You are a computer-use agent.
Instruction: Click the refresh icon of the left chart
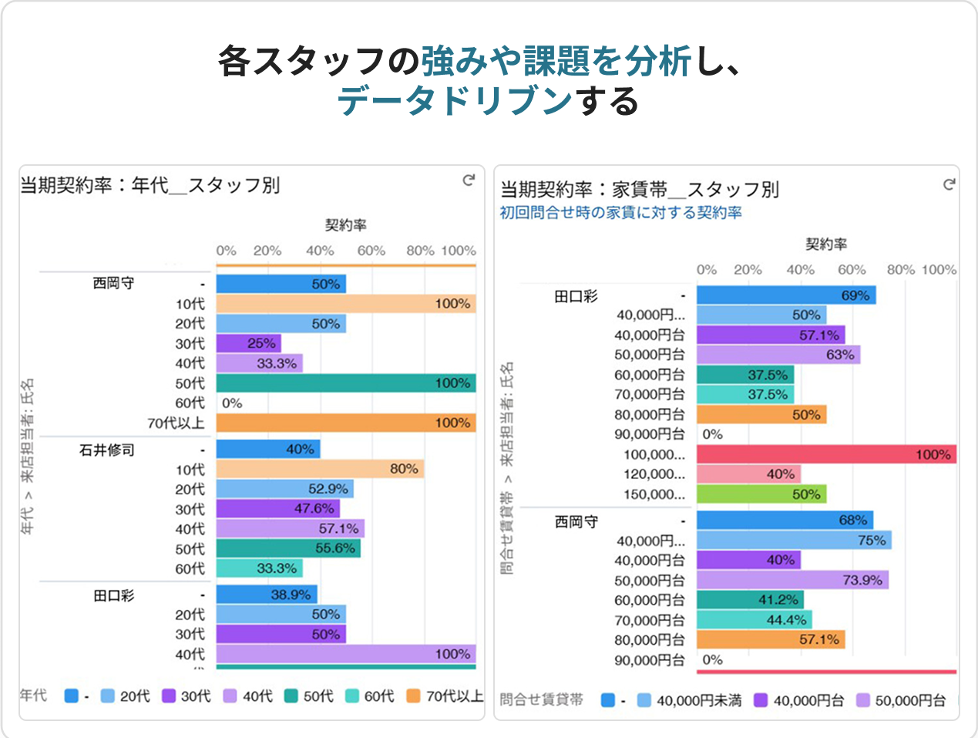(469, 180)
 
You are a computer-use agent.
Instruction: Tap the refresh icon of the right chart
(949, 184)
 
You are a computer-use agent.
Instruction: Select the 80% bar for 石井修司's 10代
(320, 469)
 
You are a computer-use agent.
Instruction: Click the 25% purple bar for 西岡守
(248, 343)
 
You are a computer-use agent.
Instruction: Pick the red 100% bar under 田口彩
(826, 454)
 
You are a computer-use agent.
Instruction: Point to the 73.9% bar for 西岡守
(792, 580)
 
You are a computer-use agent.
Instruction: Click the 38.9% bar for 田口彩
(267, 595)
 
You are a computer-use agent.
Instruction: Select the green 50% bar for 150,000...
(761, 494)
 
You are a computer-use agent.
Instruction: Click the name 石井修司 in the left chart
(107, 450)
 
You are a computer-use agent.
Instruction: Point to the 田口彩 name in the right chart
(576, 296)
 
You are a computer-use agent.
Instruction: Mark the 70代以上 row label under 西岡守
(176, 423)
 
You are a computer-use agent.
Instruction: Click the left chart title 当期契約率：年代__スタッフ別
(150, 185)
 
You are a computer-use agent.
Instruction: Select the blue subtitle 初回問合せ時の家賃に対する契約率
(620, 213)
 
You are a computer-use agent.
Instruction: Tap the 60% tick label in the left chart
(371, 251)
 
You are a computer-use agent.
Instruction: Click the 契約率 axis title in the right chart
(826, 244)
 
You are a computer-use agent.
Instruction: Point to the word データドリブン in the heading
(455, 101)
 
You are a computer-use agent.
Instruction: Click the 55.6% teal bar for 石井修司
(288, 548)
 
